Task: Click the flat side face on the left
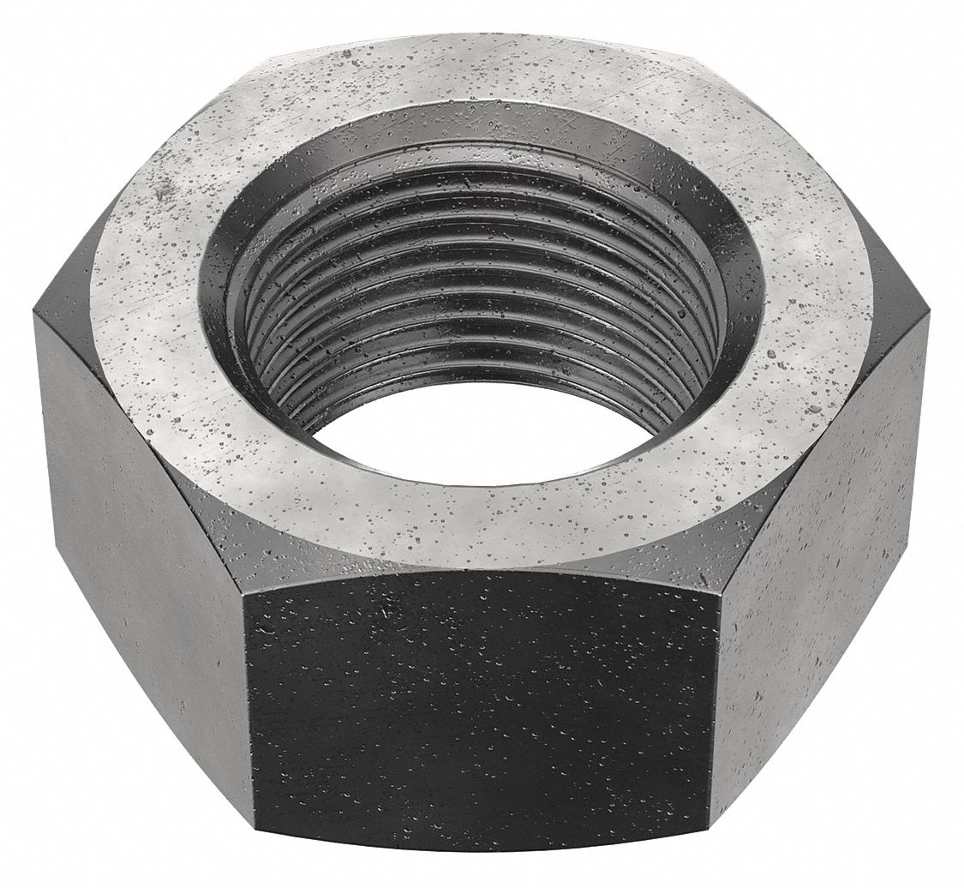click(x=137, y=549)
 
